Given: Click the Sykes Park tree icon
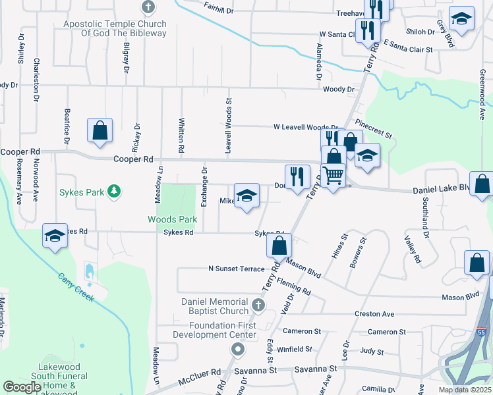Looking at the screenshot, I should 115,191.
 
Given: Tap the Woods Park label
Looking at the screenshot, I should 173,219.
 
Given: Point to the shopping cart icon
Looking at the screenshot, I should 333,174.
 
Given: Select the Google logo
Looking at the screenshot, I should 22,387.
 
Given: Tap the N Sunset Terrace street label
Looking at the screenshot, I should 236,269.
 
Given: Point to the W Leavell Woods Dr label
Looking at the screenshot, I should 306,127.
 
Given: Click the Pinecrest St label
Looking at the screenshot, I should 374,128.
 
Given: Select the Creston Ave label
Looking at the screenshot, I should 374,314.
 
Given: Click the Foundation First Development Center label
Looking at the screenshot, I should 214,330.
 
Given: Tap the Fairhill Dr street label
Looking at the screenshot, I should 219,11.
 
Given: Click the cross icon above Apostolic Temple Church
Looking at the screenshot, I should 148,8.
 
